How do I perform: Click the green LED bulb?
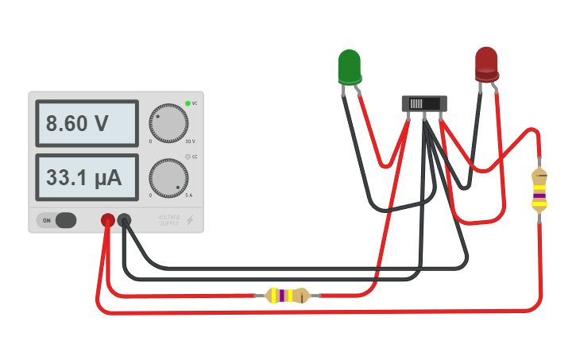click(349, 66)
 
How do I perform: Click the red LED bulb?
click(486, 64)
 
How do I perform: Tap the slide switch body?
click(425, 103)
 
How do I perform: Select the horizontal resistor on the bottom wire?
click(287, 296)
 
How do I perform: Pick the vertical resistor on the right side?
click(539, 190)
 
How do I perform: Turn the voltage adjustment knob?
click(168, 123)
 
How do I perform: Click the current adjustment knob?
click(168, 178)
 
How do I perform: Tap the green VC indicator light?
click(187, 103)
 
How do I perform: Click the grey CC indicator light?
click(187, 157)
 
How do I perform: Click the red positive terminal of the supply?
click(107, 220)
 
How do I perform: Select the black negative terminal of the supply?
click(125, 220)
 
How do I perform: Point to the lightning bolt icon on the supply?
click(190, 220)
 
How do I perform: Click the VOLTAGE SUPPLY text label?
click(169, 220)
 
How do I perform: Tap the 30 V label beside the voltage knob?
click(190, 141)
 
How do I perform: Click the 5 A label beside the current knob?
click(189, 195)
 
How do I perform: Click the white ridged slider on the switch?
click(416, 103)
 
